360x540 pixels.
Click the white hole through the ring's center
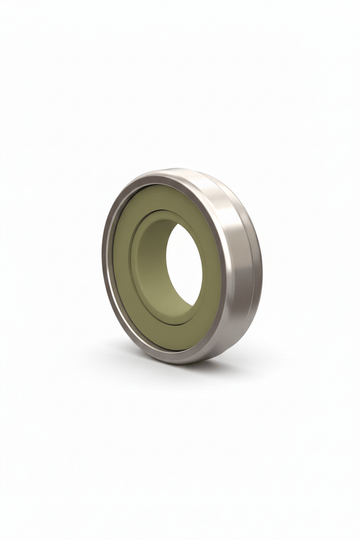point(184,264)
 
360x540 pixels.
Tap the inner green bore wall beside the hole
point(152,264)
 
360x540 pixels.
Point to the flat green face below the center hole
point(169,335)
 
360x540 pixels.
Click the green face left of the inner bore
point(122,264)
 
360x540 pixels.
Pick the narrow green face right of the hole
point(210,264)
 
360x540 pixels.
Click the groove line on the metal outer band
point(254,264)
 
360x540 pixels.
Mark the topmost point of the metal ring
point(174,169)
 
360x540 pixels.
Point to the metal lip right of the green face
point(223,264)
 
